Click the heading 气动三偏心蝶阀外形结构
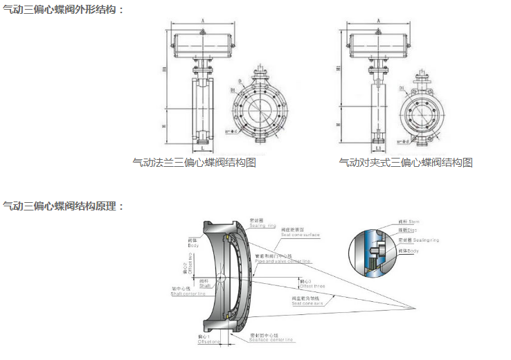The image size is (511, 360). click(63, 9)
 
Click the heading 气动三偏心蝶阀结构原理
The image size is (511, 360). click(63, 206)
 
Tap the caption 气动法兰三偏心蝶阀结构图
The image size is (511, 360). click(195, 163)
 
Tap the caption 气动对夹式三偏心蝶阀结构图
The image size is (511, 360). click(406, 163)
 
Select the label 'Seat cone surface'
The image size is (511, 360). click(300, 235)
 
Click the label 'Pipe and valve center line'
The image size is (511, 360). click(283, 262)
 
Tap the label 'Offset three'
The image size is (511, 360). click(311, 285)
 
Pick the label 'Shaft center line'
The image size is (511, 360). click(188, 294)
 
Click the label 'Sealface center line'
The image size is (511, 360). click(271, 340)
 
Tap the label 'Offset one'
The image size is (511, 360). click(208, 341)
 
